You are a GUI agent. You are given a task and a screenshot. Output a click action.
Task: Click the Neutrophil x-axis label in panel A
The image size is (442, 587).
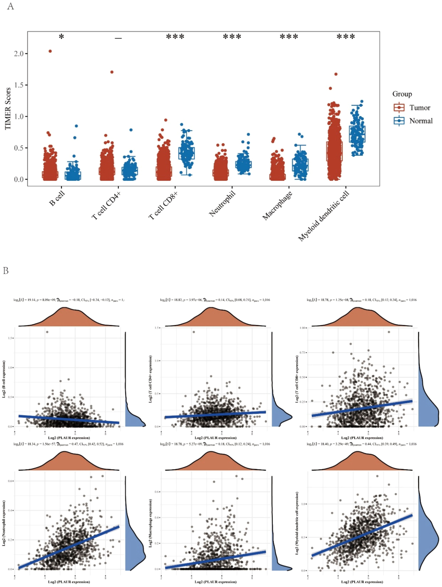coord(222,204)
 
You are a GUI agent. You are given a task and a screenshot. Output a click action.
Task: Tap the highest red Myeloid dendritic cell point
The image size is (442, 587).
coord(336,74)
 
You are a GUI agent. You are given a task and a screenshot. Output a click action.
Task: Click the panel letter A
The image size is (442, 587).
coord(10,6)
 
